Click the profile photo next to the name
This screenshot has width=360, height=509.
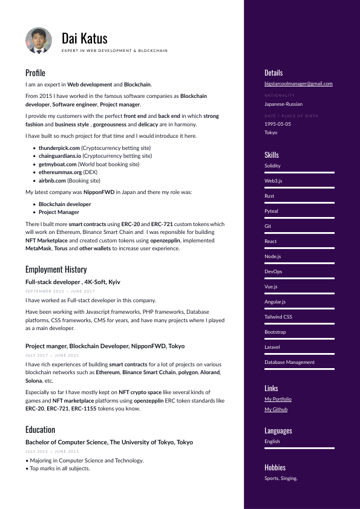click(x=39, y=41)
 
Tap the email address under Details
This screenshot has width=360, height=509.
click(x=298, y=83)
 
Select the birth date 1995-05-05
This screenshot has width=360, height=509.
click(x=278, y=124)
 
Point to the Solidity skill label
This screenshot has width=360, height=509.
click(x=272, y=166)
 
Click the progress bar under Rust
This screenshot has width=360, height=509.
click(x=299, y=203)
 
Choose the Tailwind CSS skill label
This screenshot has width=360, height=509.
click(x=278, y=317)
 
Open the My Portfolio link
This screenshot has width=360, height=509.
click(x=278, y=399)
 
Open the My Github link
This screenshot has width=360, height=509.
click(x=276, y=409)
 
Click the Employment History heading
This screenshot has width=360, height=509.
click(x=56, y=270)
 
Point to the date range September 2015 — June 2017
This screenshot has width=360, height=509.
click(x=60, y=291)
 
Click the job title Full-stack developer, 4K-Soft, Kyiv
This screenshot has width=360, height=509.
click(x=73, y=282)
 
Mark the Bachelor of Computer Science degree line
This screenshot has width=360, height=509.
click(x=109, y=442)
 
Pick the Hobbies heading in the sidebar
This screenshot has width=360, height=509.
click(x=275, y=467)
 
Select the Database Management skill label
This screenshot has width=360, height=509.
click(x=289, y=362)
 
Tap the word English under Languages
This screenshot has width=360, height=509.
click(x=272, y=441)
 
